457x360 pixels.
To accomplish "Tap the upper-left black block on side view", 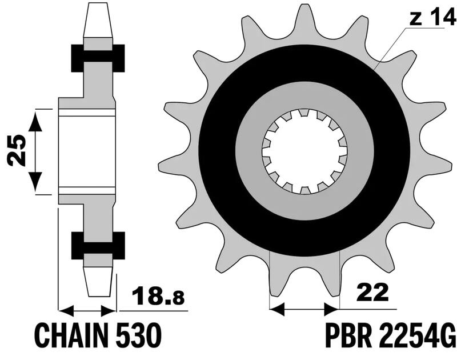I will (77, 57).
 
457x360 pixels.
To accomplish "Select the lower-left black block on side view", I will (77, 245).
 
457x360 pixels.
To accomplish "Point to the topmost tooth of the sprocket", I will (304, 17).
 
